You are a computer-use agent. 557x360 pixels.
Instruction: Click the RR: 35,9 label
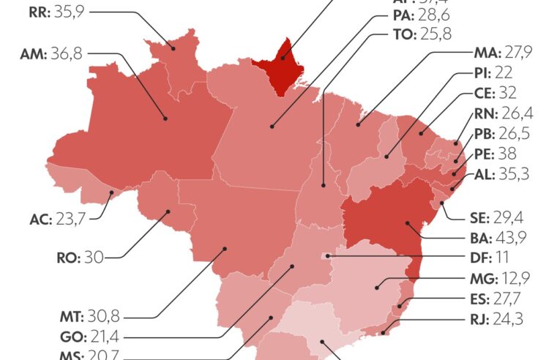coord(51,12)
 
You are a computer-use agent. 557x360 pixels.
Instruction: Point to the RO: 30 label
coord(81,257)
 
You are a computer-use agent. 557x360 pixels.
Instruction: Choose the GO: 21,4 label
coord(91,337)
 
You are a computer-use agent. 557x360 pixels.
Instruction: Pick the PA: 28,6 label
coord(422,15)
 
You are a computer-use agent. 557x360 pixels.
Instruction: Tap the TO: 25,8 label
coord(422,34)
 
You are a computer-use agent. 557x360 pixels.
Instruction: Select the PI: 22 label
coord(491,74)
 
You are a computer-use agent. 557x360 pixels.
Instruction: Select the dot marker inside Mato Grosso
coord(225,248)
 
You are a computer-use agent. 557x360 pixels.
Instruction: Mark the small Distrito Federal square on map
coord(327,257)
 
